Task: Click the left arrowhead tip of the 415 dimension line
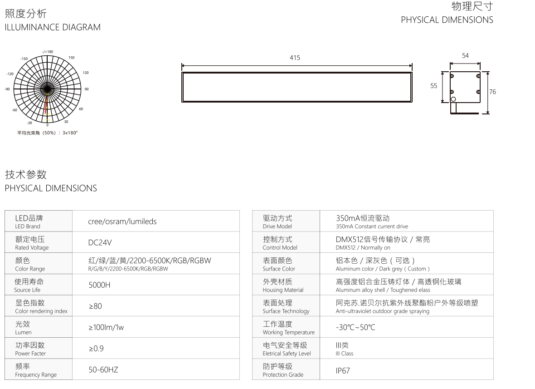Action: pos(182,66)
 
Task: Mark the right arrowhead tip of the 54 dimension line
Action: pos(480,64)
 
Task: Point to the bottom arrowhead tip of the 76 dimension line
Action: pos(488,113)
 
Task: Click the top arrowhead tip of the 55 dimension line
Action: pos(443,72)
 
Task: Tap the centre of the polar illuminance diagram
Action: pos(48,89)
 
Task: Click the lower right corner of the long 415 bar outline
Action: pos(412,102)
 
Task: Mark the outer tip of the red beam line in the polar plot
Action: pos(45,114)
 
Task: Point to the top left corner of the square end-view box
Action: pos(450,72)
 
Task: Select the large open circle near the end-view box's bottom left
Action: pos(453,99)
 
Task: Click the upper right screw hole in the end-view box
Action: pos(478,76)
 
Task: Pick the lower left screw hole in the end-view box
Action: pos(452,92)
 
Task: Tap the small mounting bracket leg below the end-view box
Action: pos(453,108)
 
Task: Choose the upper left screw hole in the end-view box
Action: pos(452,76)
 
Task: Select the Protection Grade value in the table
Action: pos(343,370)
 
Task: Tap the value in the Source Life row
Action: pos(99,285)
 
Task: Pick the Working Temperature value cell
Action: pos(355,327)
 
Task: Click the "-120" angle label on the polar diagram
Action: pos(10,74)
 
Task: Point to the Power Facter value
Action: pos(96,348)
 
